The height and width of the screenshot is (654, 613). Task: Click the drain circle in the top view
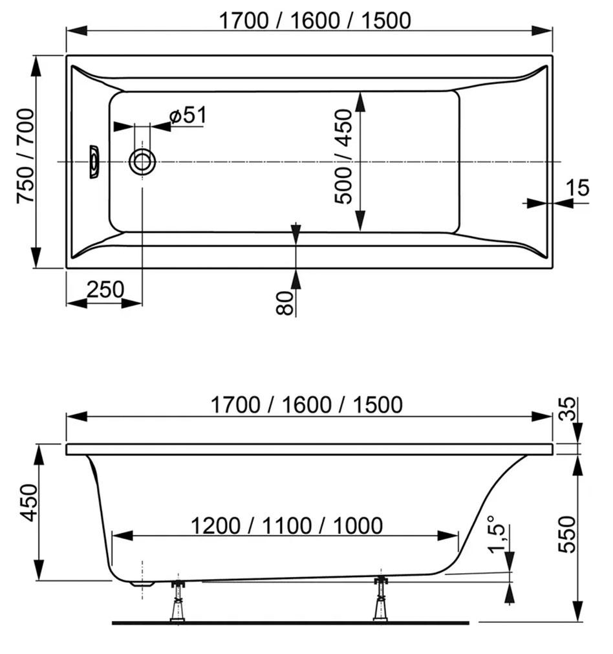click(x=142, y=162)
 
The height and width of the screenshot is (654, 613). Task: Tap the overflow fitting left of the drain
click(x=94, y=162)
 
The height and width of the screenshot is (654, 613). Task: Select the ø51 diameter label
click(x=188, y=115)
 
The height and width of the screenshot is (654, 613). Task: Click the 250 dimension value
click(x=105, y=289)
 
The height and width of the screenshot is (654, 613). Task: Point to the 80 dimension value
click(x=285, y=303)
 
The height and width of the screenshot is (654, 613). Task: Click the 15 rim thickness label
click(x=577, y=188)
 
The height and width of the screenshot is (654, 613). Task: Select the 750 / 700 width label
click(x=25, y=156)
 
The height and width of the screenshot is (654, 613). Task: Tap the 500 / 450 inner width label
click(x=343, y=157)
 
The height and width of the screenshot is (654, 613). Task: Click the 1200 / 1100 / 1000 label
click(x=287, y=525)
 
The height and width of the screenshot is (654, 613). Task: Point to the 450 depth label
click(x=29, y=503)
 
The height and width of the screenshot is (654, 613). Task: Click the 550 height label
click(x=566, y=534)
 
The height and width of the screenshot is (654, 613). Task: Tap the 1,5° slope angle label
click(x=497, y=534)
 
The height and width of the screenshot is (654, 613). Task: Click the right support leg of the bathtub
click(x=380, y=600)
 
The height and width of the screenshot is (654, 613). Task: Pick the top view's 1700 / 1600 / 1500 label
click(x=315, y=21)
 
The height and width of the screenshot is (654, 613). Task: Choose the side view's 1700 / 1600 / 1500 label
click(x=306, y=404)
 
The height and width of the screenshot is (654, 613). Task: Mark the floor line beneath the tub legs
click(x=290, y=623)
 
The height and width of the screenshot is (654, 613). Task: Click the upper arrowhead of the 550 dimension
click(x=577, y=464)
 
